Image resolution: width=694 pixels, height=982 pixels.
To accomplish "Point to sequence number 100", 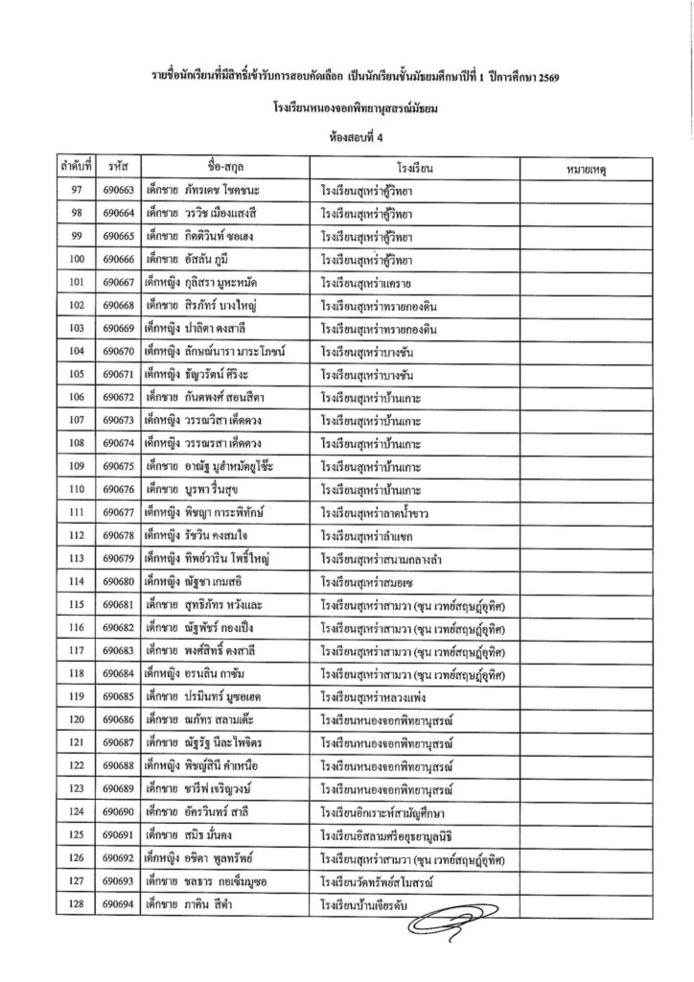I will point(76,259).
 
